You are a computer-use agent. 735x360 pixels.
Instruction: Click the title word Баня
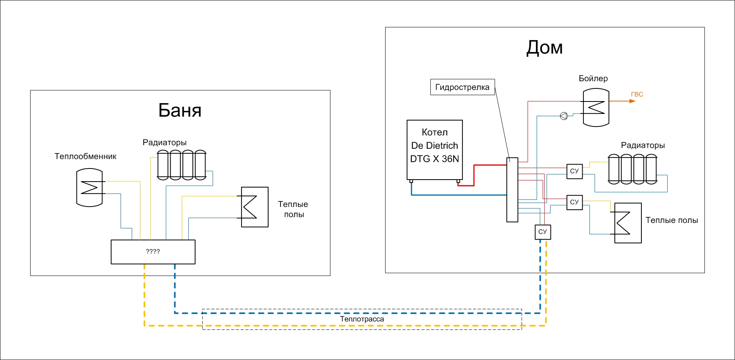(x=180, y=110)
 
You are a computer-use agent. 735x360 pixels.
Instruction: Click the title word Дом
(x=544, y=48)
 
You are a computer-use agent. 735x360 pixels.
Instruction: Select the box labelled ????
(x=153, y=252)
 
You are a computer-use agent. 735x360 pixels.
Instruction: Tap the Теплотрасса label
(x=362, y=319)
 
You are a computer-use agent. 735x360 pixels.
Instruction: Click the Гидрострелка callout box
(x=462, y=87)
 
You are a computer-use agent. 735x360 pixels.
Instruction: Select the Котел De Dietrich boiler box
(x=435, y=150)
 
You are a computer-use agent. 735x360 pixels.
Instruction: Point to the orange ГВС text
(x=637, y=94)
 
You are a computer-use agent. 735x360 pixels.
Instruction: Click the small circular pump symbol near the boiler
(x=564, y=116)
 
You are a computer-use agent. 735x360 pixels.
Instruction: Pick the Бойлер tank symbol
(x=596, y=108)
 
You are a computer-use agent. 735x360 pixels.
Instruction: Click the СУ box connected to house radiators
(x=574, y=171)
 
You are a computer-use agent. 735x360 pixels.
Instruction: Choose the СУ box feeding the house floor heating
(x=574, y=202)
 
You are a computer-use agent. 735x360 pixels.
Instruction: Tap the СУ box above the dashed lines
(x=543, y=232)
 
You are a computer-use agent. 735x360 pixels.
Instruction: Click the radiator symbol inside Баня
(x=182, y=165)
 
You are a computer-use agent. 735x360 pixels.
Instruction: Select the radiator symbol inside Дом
(x=632, y=169)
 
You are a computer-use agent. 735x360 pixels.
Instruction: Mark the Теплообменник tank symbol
(x=90, y=188)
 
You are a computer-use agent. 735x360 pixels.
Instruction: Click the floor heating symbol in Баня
(x=255, y=207)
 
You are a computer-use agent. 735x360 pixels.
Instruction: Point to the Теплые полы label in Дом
(x=672, y=220)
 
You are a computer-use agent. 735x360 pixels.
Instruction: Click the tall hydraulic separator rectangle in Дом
(x=512, y=190)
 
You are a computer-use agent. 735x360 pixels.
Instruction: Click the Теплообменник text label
(x=85, y=157)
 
